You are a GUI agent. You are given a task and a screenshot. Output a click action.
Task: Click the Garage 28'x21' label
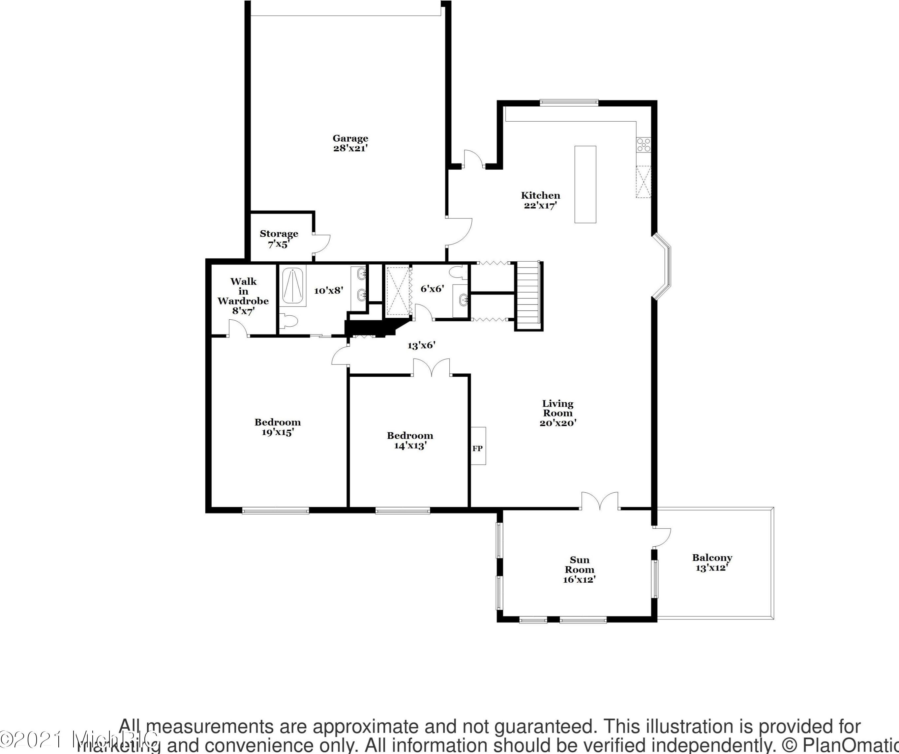[x=350, y=143]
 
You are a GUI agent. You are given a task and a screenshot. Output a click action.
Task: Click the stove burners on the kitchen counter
[x=644, y=145]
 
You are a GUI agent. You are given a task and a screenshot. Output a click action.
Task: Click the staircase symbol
[x=527, y=295]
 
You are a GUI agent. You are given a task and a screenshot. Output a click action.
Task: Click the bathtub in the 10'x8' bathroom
[x=293, y=287]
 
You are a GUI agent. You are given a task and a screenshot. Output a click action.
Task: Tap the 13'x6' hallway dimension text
[x=421, y=345]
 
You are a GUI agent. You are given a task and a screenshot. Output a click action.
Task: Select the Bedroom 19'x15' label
[x=277, y=427]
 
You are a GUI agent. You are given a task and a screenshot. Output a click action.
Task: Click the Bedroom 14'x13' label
[x=410, y=440]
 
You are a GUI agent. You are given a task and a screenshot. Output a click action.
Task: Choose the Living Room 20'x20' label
[x=557, y=413]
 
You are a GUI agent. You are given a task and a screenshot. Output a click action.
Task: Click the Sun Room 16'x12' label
[x=579, y=569]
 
